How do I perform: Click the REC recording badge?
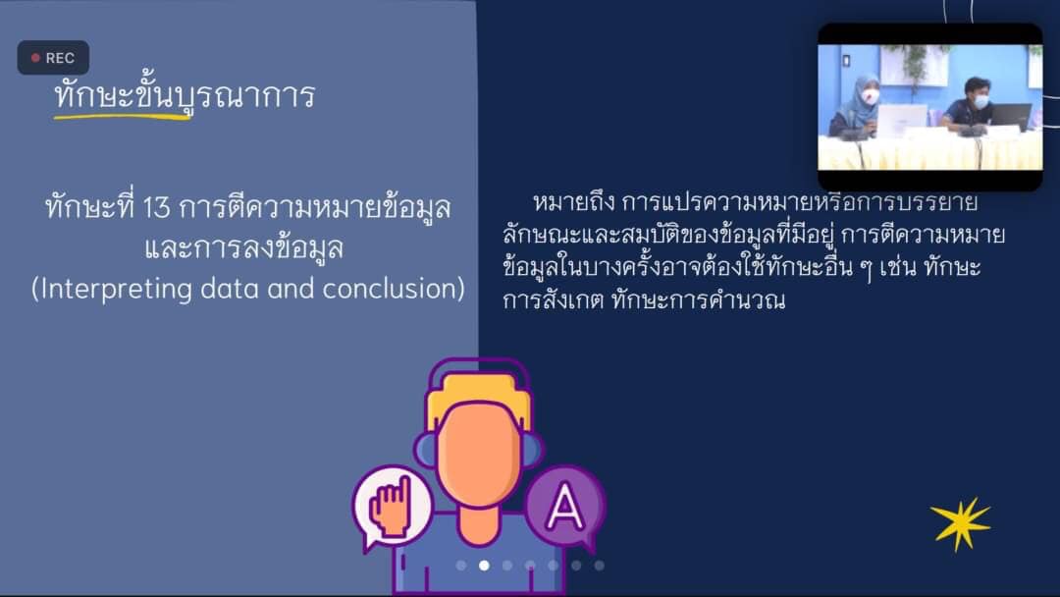click(x=53, y=58)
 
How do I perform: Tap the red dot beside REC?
click(x=36, y=58)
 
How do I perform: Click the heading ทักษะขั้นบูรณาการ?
click(x=185, y=95)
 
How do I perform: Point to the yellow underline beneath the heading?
click(x=122, y=117)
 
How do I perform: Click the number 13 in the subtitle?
click(x=156, y=207)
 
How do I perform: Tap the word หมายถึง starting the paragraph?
click(x=573, y=202)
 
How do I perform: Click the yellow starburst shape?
click(x=961, y=524)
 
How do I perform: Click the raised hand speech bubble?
click(x=392, y=507)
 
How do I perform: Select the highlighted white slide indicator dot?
click(x=484, y=566)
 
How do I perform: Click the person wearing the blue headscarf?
click(x=856, y=105)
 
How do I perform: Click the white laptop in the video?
click(x=902, y=121)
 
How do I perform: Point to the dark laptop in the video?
click(x=1011, y=117)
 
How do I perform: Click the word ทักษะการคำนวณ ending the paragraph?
click(x=699, y=299)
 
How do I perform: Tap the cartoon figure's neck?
click(x=479, y=524)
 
